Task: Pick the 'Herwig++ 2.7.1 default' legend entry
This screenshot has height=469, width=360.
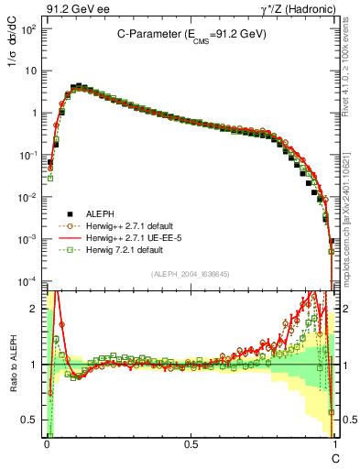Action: tap(123, 224)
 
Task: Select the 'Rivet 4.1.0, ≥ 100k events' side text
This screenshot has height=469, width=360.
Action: tap(348, 66)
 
